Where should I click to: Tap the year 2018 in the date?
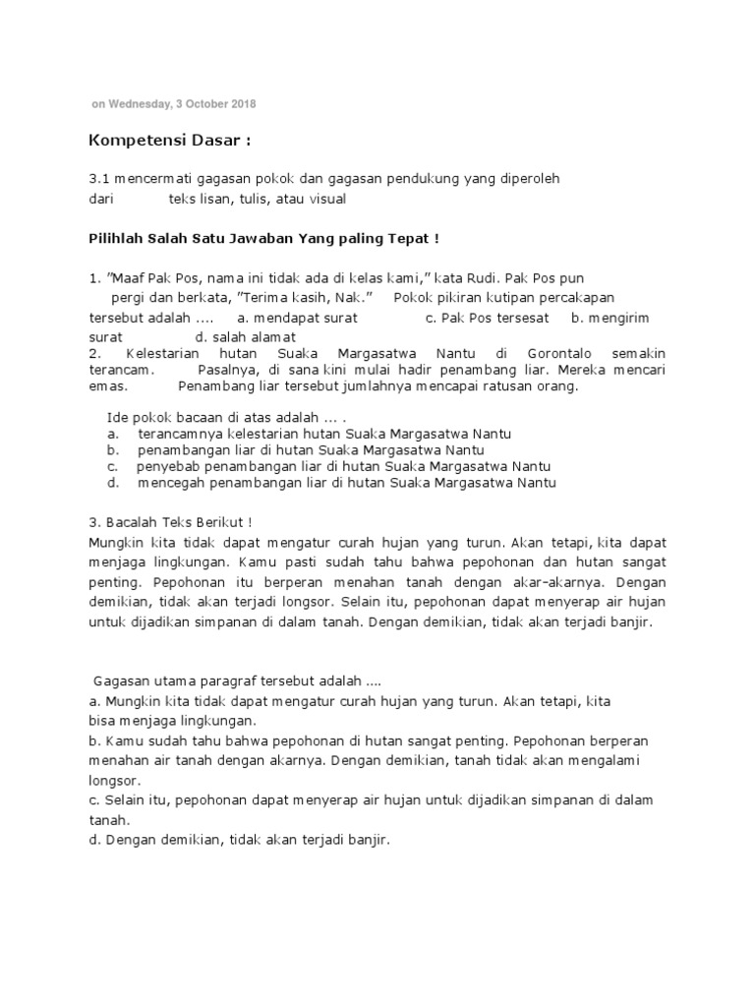pos(243,103)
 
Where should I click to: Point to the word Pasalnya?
pos(227,370)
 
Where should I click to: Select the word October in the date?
pos(201,103)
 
